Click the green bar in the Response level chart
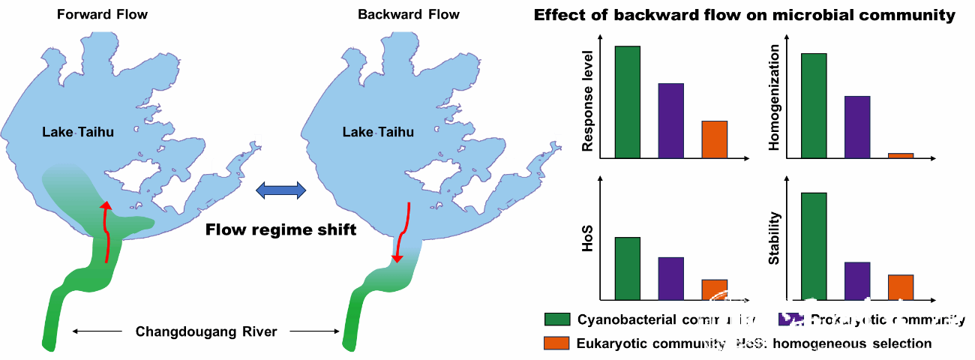(x=627, y=101)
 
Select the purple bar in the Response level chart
(x=671, y=120)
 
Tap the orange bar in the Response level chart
(x=715, y=139)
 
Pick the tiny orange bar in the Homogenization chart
(x=901, y=155)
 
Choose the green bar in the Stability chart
(x=814, y=246)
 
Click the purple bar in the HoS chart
(x=671, y=278)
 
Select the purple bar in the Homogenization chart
(x=857, y=127)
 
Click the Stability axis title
(x=775, y=238)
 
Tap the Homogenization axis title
(x=775, y=97)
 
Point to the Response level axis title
(x=588, y=102)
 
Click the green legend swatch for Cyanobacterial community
(x=556, y=320)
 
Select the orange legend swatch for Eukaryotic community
(x=556, y=343)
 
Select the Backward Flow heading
(x=408, y=15)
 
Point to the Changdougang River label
(x=205, y=331)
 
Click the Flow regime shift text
(x=280, y=229)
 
